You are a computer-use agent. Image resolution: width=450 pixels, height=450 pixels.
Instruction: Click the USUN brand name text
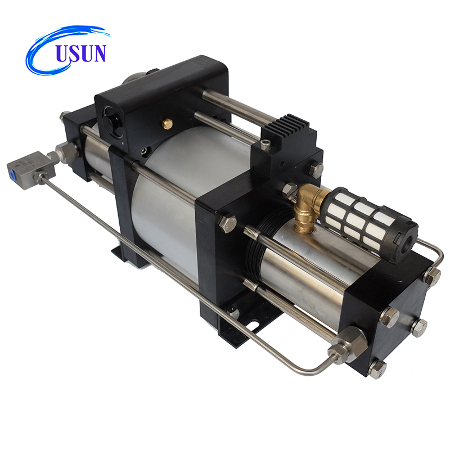(x=79, y=53)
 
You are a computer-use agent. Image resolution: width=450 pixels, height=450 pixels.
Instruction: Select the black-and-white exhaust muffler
(x=368, y=217)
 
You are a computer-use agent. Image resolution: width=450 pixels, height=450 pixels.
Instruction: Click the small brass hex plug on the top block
(x=167, y=123)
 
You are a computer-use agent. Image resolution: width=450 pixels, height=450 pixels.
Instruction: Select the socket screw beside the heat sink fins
(x=265, y=145)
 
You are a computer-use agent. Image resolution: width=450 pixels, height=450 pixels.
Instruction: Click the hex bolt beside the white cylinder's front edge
(x=227, y=223)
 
